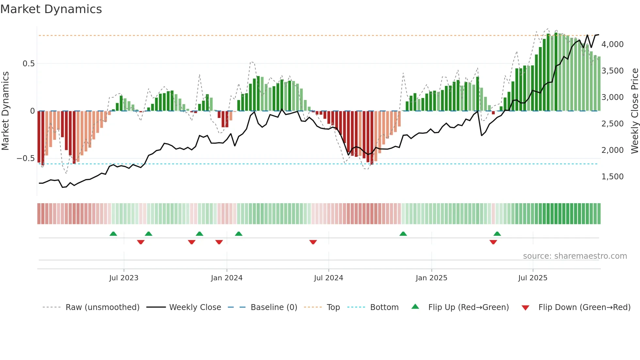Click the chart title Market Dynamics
[x=51, y=9]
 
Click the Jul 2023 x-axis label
[x=124, y=278]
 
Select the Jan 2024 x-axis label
[x=227, y=278]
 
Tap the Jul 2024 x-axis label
[x=328, y=278]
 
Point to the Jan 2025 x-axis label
[x=431, y=278]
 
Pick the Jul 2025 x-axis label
[x=533, y=278]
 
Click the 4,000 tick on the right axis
[x=612, y=44]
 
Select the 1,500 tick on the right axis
[x=612, y=177]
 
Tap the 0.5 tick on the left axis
[x=28, y=64]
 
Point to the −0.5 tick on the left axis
[x=26, y=159]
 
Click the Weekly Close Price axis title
[x=634, y=111]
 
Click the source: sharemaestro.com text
[x=575, y=256]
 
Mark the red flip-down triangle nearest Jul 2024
[x=313, y=242]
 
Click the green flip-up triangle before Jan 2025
[x=403, y=234]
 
